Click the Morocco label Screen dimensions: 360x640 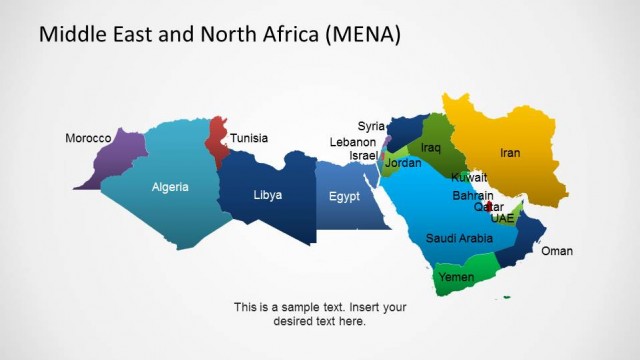[88, 138]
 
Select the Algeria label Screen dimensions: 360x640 [170, 187]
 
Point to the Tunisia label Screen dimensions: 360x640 [249, 138]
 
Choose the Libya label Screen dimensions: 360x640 [267, 195]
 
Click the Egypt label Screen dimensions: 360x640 [344, 196]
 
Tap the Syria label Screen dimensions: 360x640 [371, 126]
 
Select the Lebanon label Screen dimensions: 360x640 [353, 142]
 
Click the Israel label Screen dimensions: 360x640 [363, 156]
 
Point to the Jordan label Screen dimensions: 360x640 [403, 162]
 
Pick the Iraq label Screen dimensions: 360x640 [430, 148]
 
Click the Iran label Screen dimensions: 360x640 [510, 153]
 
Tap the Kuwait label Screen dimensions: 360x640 [469, 177]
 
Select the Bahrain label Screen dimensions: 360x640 [472, 196]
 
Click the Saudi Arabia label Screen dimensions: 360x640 [459, 238]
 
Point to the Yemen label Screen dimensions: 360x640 [456, 277]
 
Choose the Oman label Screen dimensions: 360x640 [557, 251]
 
